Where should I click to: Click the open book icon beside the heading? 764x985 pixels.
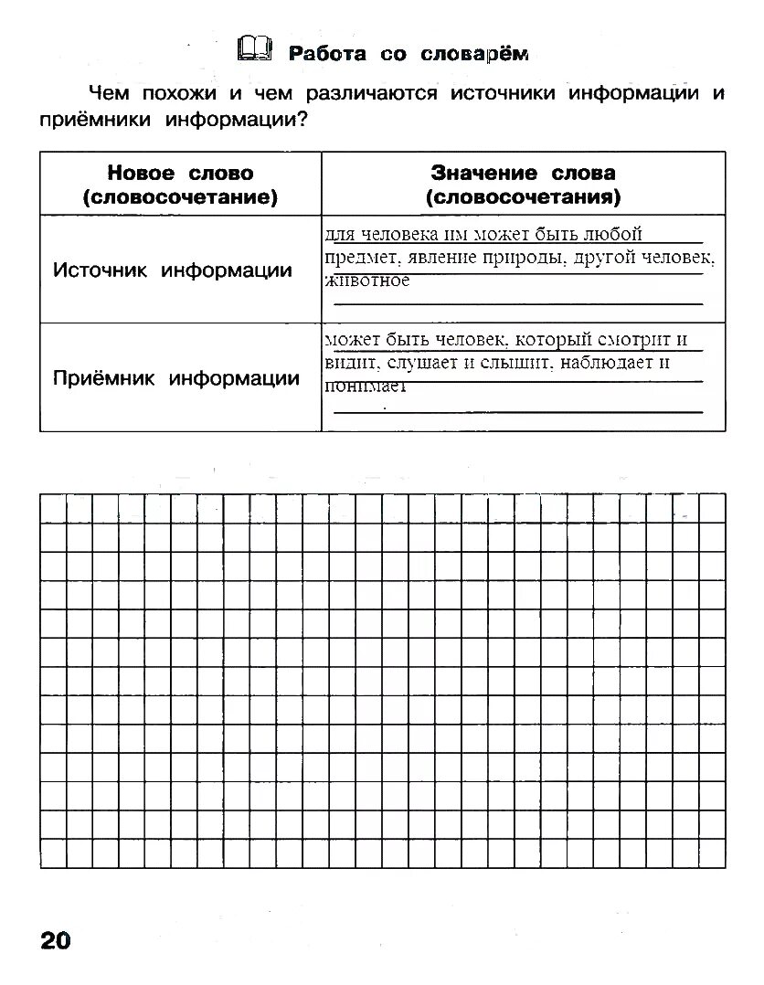point(254,49)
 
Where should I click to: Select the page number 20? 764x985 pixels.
point(55,940)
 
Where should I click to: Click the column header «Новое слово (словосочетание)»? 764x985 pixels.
point(180,185)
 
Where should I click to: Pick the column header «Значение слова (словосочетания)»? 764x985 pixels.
point(523,185)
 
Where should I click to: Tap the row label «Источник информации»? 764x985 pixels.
point(173,270)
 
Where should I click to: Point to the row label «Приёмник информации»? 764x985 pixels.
point(176,378)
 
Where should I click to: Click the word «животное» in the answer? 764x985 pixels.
point(367,281)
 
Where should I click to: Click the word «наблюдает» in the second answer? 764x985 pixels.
point(614,363)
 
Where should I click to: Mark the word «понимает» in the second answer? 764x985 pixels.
point(365,387)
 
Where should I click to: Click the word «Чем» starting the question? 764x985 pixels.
point(106,93)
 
